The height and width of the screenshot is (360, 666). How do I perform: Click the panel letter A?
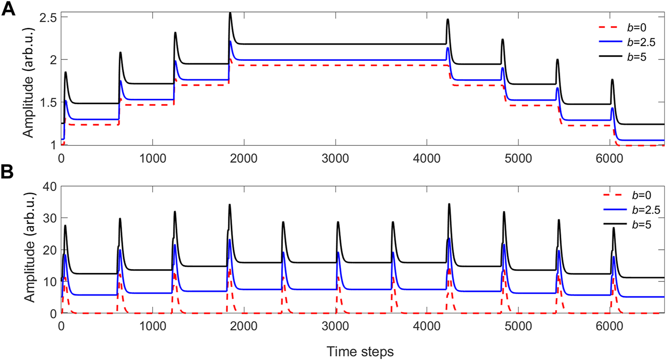pyautogui.click(x=9, y=9)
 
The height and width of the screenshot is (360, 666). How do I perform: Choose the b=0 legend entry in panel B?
pyautogui.click(x=628, y=195)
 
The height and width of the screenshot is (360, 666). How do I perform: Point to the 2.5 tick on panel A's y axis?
pyautogui.click(x=48, y=18)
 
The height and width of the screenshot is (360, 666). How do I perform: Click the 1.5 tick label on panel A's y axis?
pyautogui.click(x=48, y=103)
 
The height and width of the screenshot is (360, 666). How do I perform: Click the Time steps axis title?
pyautogui.click(x=360, y=351)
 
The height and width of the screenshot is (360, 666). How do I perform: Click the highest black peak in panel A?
pyautogui.click(x=230, y=13)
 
